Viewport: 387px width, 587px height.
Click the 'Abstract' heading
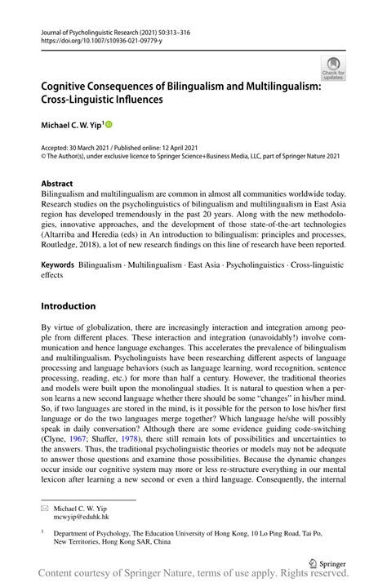pyautogui.click(x=57, y=184)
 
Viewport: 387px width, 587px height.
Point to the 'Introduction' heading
pyautogui.click(x=68, y=306)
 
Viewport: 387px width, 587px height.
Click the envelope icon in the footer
pyautogui.click(x=46, y=507)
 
